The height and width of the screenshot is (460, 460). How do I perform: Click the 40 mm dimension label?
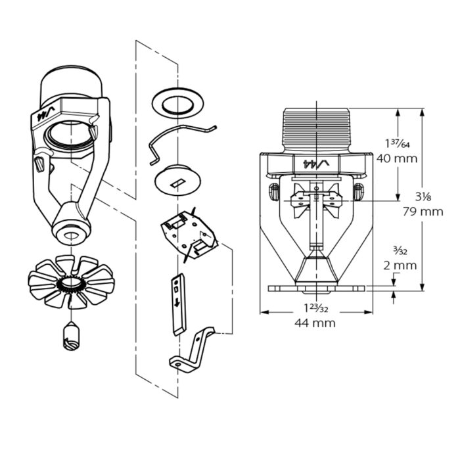[x=397, y=159]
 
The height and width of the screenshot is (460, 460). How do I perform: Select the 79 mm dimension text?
[x=423, y=212]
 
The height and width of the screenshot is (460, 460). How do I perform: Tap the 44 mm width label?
[x=315, y=323]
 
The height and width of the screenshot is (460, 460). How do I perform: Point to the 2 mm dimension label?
[x=400, y=265]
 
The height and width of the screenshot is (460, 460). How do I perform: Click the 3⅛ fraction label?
[x=423, y=196]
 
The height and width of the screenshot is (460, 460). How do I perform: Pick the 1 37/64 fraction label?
[x=398, y=143]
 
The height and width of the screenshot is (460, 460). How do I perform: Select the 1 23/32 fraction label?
[x=315, y=308]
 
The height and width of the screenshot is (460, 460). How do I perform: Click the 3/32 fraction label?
[x=400, y=251]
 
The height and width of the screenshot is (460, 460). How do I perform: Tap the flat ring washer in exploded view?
[x=177, y=103]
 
